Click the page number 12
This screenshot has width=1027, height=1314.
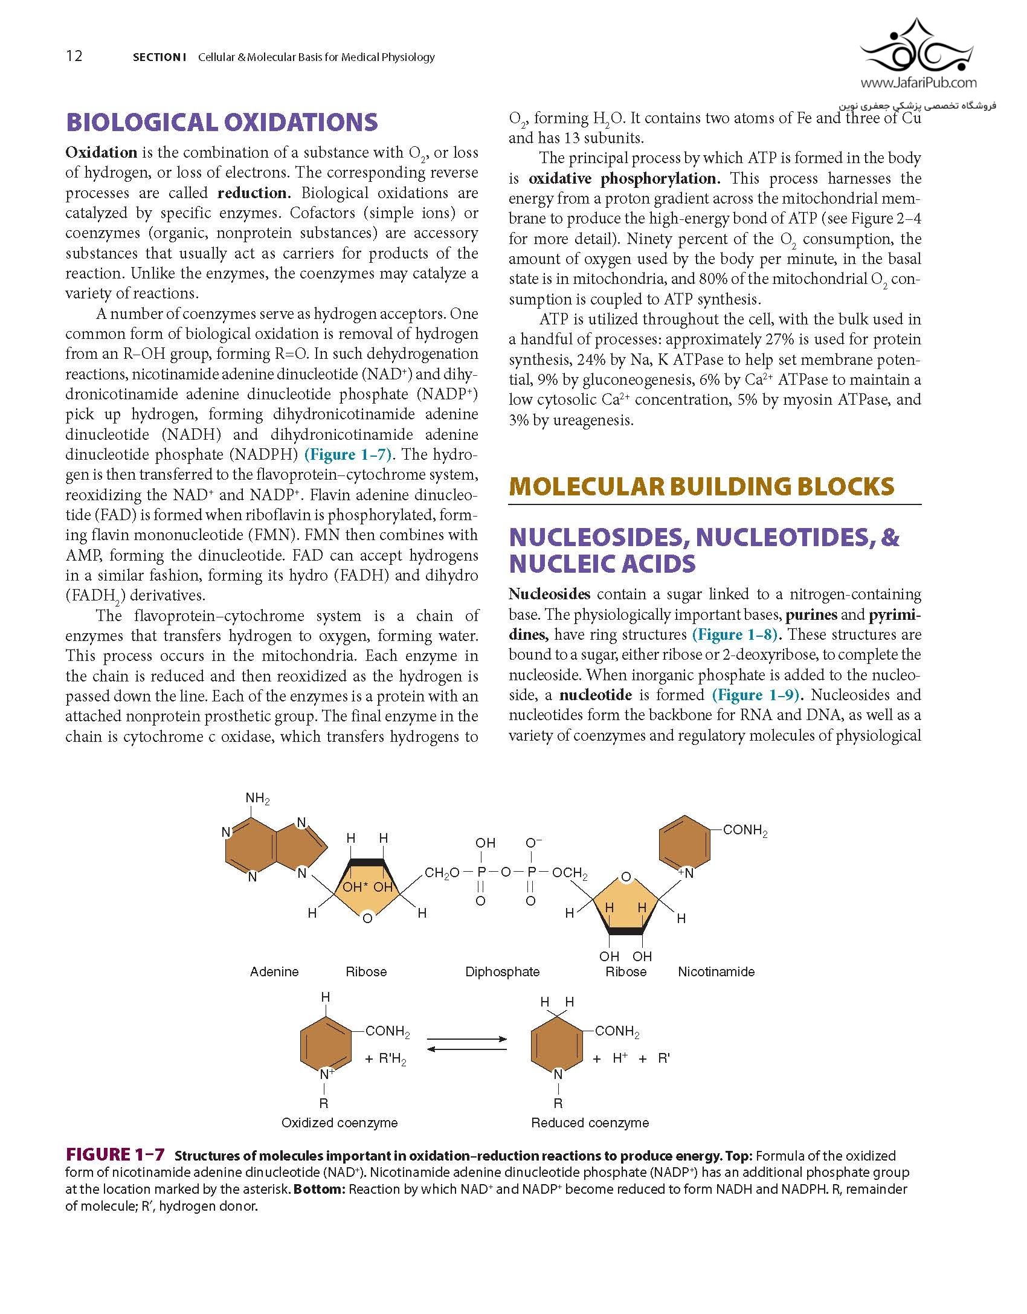click(74, 56)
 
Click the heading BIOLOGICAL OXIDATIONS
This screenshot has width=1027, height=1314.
click(222, 122)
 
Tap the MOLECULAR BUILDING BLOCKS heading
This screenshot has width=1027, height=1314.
click(701, 486)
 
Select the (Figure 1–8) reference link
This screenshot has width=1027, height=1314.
click(736, 634)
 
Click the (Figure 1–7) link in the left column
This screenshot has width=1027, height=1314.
click(348, 454)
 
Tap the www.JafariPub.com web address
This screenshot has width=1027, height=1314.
click(918, 83)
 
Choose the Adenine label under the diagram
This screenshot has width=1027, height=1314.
click(274, 971)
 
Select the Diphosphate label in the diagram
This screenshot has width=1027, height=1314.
click(502, 971)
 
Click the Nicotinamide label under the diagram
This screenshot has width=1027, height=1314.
click(716, 971)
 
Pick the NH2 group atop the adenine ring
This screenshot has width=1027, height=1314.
click(257, 799)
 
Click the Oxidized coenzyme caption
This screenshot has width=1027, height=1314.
click(340, 1122)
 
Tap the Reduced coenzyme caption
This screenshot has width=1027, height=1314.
click(590, 1122)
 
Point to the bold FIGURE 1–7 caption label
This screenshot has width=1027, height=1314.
click(115, 1155)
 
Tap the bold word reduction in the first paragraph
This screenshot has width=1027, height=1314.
click(254, 193)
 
